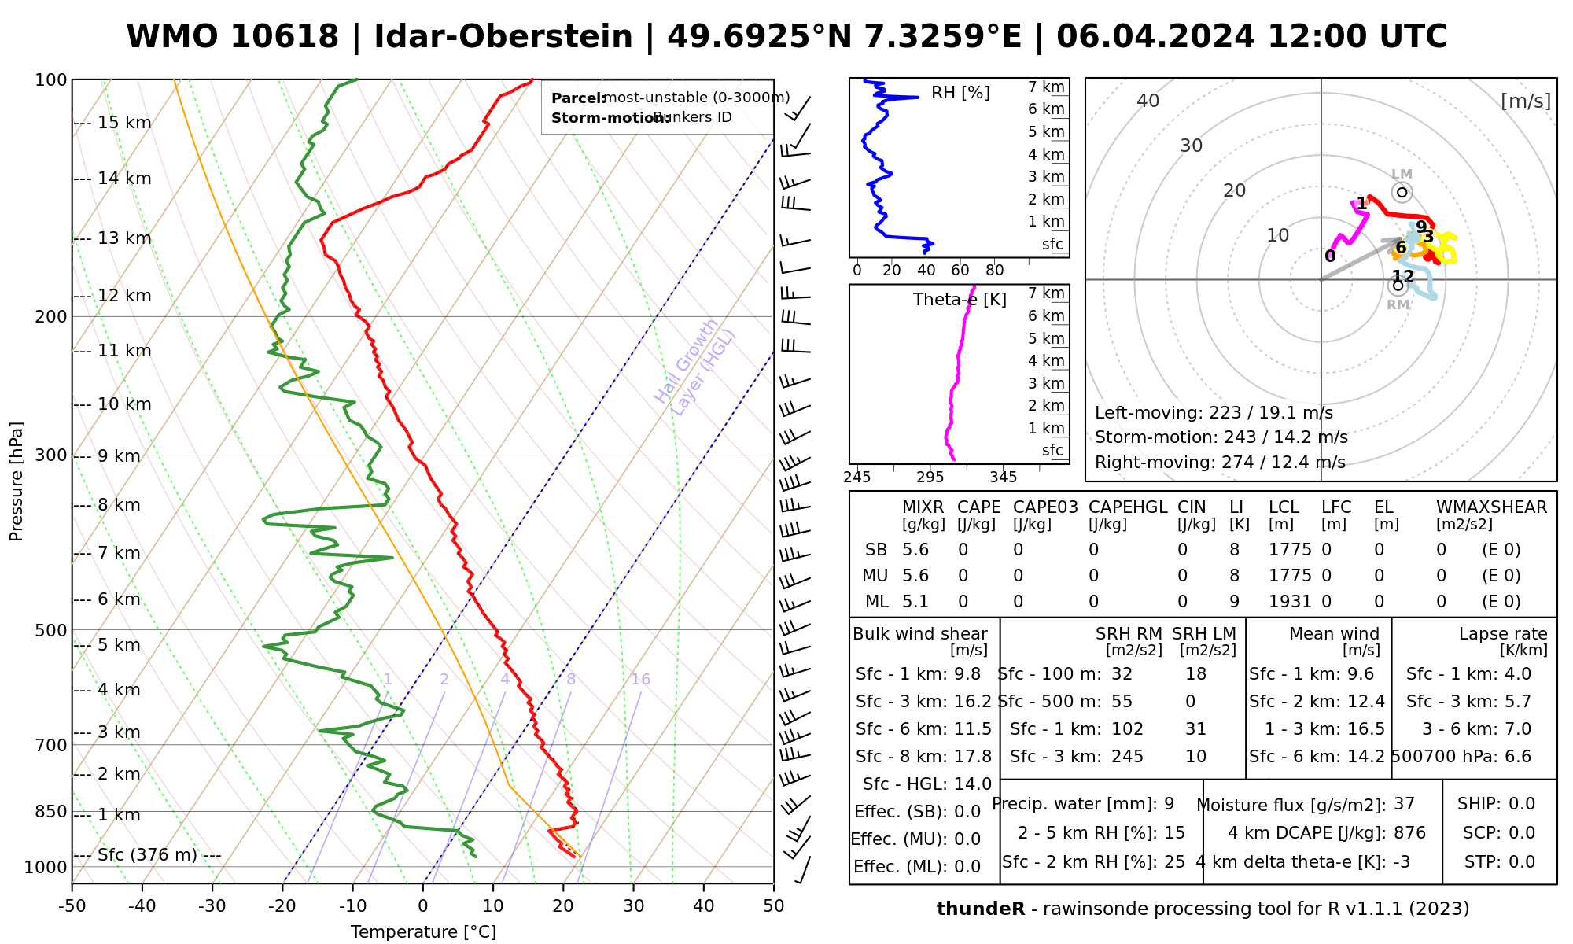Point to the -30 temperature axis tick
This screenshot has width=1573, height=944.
[212, 906]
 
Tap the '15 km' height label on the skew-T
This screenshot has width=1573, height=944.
[124, 123]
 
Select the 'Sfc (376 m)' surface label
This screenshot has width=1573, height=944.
[148, 855]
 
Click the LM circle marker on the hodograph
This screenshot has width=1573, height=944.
[1402, 192]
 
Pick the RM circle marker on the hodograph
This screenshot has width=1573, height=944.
[1397, 286]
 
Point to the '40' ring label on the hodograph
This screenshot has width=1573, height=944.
[1148, 101]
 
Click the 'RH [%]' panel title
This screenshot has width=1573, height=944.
[960, 93]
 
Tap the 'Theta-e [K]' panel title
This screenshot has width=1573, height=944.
[960, 300]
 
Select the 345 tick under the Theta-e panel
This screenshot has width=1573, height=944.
[1003, 477]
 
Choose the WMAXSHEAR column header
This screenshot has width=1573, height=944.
[1491, 507]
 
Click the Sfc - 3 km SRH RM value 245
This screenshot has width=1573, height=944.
[1127, 757]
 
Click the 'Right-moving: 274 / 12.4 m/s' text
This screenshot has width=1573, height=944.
[1220, 463]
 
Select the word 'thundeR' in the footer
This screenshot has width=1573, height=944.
[980, 909]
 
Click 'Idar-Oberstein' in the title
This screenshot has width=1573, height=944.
[503, 37]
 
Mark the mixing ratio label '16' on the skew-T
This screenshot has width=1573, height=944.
[640, 680]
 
